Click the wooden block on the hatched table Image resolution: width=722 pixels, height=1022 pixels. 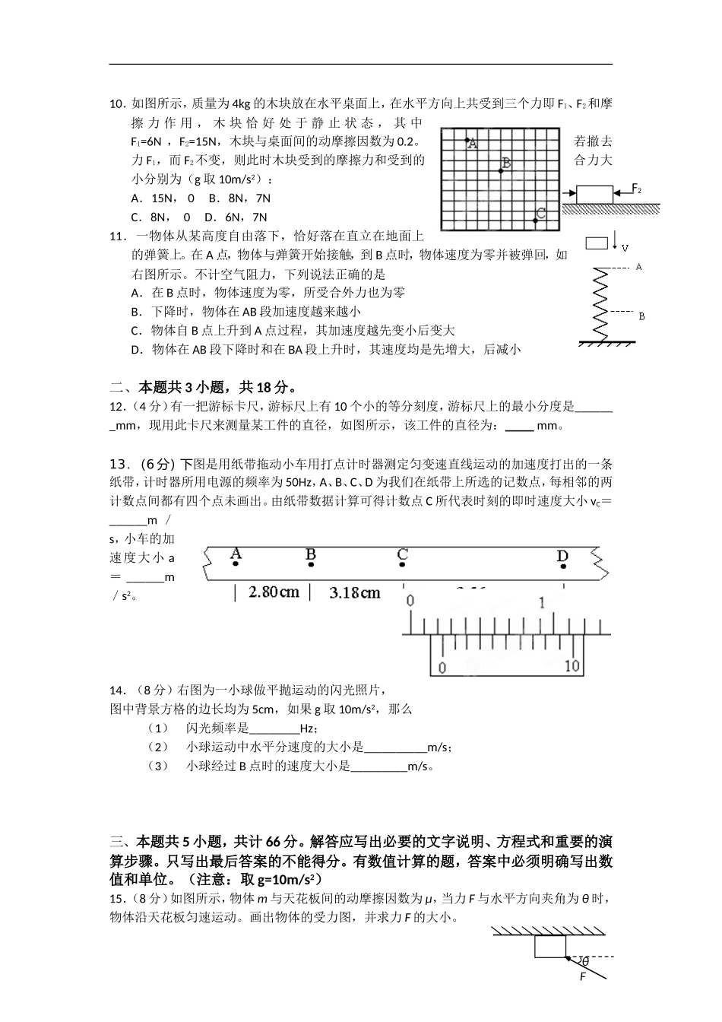tap(594, 194)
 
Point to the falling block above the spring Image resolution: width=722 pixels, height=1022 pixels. tap(597, 243)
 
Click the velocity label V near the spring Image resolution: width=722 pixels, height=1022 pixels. tap(625, 248)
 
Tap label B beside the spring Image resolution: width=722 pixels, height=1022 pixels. tap(641, 316)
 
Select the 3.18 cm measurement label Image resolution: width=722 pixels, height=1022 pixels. tap(355, 592)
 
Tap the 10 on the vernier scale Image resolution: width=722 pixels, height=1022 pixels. tap(572, 666)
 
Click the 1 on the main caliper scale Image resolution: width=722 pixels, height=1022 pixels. tap(541, 603)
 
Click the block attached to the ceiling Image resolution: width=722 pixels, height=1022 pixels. tap(549, 947)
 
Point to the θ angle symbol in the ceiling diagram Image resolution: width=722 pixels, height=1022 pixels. tap(585, 962)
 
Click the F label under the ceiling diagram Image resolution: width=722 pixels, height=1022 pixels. tap(583, 977)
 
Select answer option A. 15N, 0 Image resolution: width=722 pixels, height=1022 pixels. tap(161, 198)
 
